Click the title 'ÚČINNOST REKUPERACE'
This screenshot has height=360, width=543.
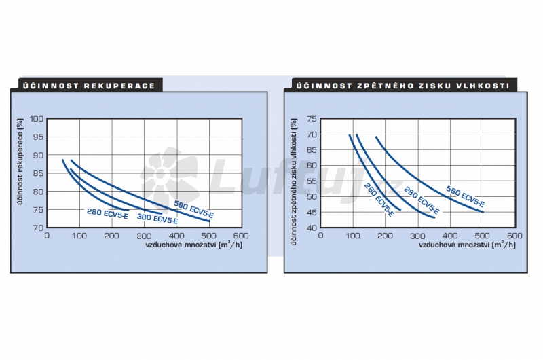(x=88, y=86)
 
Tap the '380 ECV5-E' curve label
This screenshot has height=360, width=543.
(x=157, y=219)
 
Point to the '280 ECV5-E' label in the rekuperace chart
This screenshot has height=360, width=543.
(x=107, y=211)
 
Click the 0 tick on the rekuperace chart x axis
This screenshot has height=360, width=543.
(x=47, y=235)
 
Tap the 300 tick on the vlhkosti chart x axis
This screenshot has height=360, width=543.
(x=417, y=235)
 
